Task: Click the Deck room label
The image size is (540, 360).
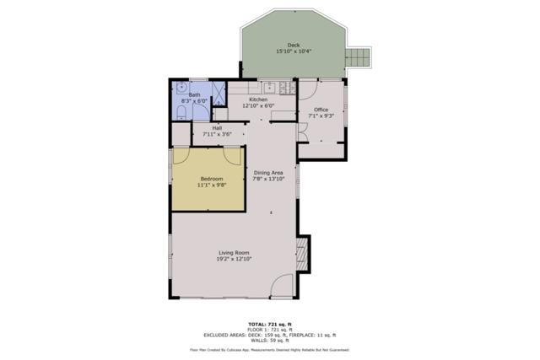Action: (x=293, y=45)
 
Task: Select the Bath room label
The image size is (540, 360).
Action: (x=194, y=94)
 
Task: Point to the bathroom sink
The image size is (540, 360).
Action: (x=181, y=87)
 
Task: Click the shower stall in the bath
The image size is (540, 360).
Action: (x=219, y=92)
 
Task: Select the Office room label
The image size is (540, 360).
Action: (x=321, y=110)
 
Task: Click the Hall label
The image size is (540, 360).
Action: (x=217, y=127)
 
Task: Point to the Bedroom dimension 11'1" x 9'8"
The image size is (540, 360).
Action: (x=211, y=185)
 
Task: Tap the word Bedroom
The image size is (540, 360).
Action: (x=211, y=178)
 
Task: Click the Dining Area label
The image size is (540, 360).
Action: (x=269, y=173)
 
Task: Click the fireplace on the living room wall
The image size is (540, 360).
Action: (x=303, y=250)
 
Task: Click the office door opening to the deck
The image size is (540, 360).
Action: (x=305, y=89)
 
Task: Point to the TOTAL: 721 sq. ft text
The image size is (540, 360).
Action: (x=269, y=324)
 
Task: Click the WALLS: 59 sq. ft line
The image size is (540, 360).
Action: (x=269, y=339)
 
